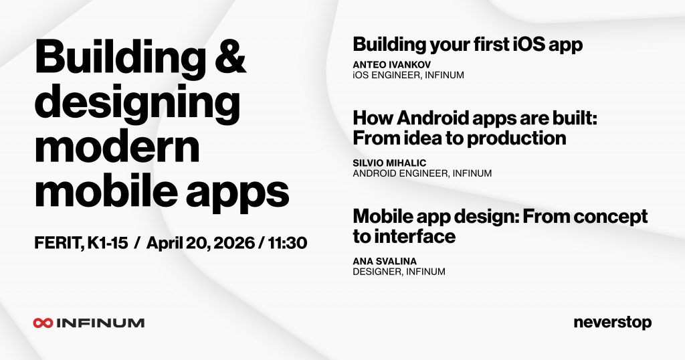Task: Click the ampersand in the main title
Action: [230, 57]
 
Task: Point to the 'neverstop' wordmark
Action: [613, 323]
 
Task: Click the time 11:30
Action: [288, 242]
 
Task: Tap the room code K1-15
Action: [108, 242]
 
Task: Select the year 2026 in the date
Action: [233, 242]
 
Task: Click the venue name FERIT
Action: [59, 243]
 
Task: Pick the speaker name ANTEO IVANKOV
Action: [392, 65]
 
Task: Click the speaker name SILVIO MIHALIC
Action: [390, 163]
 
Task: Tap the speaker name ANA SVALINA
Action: [385, 261]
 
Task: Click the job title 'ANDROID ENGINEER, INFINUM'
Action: [422, 173]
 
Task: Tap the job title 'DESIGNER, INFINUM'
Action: [399, 272]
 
